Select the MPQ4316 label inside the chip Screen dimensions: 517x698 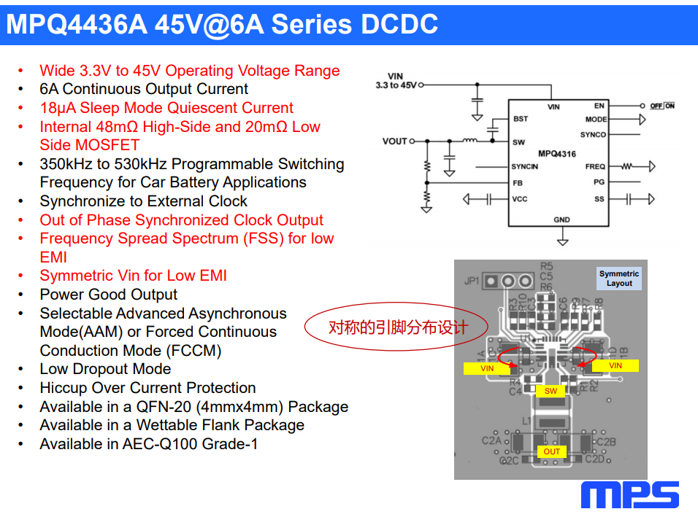click(557, 153)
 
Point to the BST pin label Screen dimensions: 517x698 click(520, 119)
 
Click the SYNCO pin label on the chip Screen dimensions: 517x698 click(593, 135)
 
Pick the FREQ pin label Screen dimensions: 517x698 click(595, 167)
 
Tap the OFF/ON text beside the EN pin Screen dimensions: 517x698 click(662, 106)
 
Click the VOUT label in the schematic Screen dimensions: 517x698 click(394, 141)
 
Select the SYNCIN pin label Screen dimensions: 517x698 click(524, 167)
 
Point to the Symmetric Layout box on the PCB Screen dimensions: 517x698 click(618, 279)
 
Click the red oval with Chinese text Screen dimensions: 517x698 click(396, 327)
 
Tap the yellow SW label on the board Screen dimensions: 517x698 click(551, 391)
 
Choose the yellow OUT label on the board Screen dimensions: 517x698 click(552, 452)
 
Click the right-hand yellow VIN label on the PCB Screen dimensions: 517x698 click(615, 365)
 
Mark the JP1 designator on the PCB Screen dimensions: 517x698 click(472, 281)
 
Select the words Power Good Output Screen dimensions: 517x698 click(109, 295)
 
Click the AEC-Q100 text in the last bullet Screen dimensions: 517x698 click(175, 444)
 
